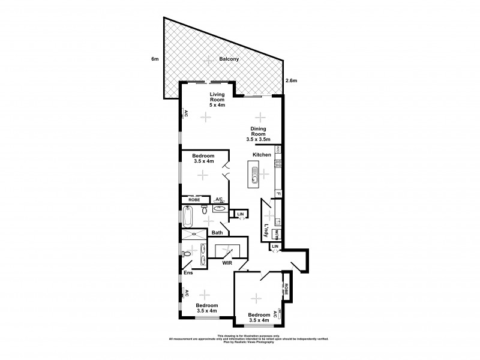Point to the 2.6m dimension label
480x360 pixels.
292,80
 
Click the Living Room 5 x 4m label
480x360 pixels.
217,98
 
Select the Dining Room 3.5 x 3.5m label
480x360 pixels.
259,133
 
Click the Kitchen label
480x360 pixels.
262,155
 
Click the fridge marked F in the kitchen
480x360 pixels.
278,194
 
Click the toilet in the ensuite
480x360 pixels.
187,254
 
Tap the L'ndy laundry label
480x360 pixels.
266,230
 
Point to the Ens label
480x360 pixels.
188,274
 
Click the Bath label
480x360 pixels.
217,233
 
